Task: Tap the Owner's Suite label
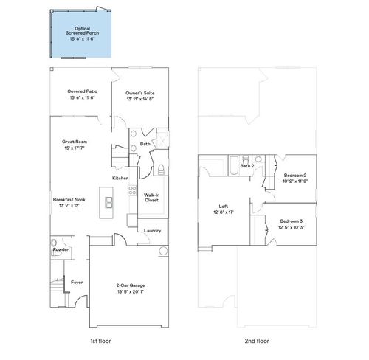click(x=140, y=93)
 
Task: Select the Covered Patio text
click(x=83, y=93)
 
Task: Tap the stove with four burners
click(x=133, y=190)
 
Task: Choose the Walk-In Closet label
click(x=152, y=197)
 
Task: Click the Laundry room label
click(x=153, y=230)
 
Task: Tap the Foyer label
click(x=77, y=283)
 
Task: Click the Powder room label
click(x=61, y=249)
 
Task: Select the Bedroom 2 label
click(x=296, y=175)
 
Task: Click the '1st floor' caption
click(x=100, y=341)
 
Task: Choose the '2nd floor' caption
click(x=256, y=341)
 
